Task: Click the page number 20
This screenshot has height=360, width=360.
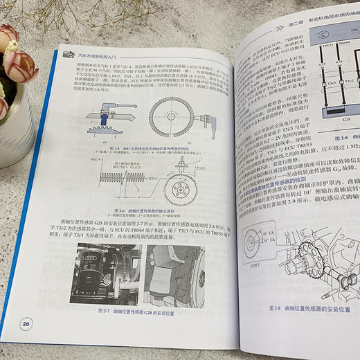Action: [x=26, y=322]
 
